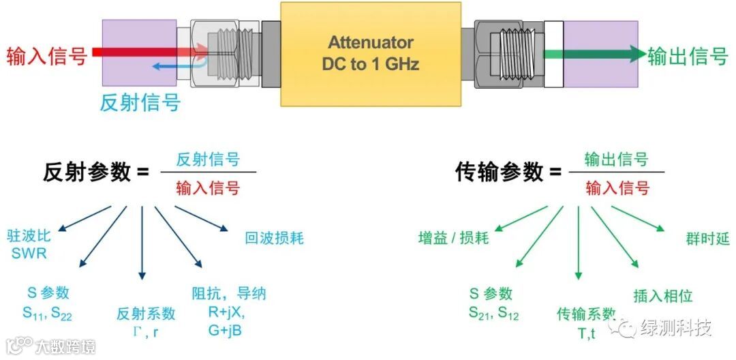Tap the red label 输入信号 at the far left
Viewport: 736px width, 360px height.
[47, 56]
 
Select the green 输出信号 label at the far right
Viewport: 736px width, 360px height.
[688, 56]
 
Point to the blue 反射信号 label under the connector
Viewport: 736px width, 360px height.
[140, 102]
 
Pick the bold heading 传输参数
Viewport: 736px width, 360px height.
[500, 172]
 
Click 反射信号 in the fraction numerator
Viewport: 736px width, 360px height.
[208, 160]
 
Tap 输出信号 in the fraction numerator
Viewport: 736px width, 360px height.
[616, 160]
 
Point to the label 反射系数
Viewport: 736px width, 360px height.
[146, 314]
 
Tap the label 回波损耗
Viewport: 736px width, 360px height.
[274, 238]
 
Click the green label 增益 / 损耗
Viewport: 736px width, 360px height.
[453, 238]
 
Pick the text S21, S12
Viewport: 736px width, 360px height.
[493, 313]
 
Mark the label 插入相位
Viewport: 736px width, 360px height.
[662, 295]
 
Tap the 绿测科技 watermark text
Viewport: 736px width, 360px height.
[675, 328]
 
